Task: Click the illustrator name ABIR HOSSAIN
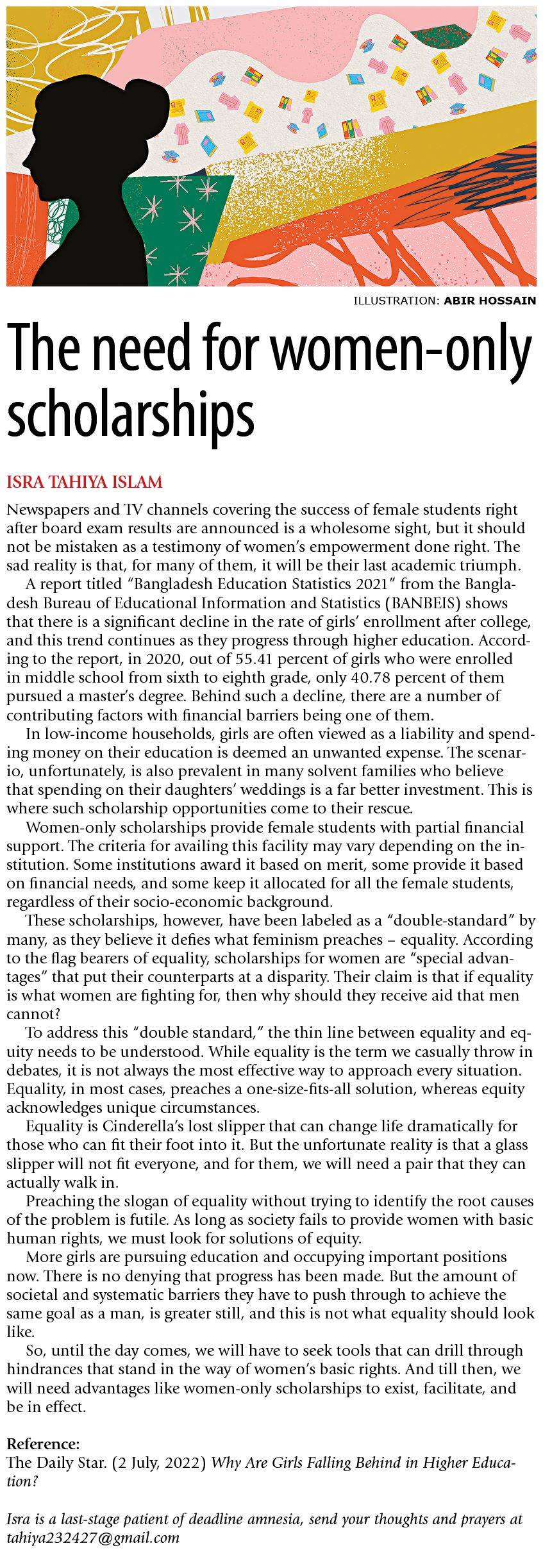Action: [x=490, y=301]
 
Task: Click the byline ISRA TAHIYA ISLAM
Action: [x=84, y=482]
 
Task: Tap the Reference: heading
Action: [x=43, y=1444]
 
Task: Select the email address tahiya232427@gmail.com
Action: [x=93, y=1538]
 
